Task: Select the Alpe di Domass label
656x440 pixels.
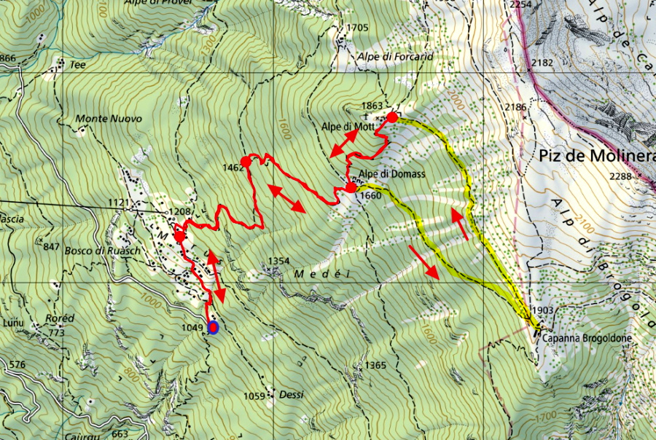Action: pos(391,174)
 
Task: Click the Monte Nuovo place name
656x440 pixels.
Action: pos(109,118)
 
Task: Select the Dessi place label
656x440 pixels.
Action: pos(291,395)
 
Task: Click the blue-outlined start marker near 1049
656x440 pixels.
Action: pos(213,327)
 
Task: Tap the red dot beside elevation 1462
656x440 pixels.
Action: pos(246,162)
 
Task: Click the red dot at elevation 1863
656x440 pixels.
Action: pos(391,117)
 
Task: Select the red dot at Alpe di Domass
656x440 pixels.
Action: pos(351,188)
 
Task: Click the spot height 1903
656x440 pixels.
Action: pos(544,310)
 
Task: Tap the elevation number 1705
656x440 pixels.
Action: pos(358,28)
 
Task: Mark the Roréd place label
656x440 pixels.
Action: pos(60,318)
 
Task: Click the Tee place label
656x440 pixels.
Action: pos(77,64)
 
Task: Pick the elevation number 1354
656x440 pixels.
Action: pos(279,260)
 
